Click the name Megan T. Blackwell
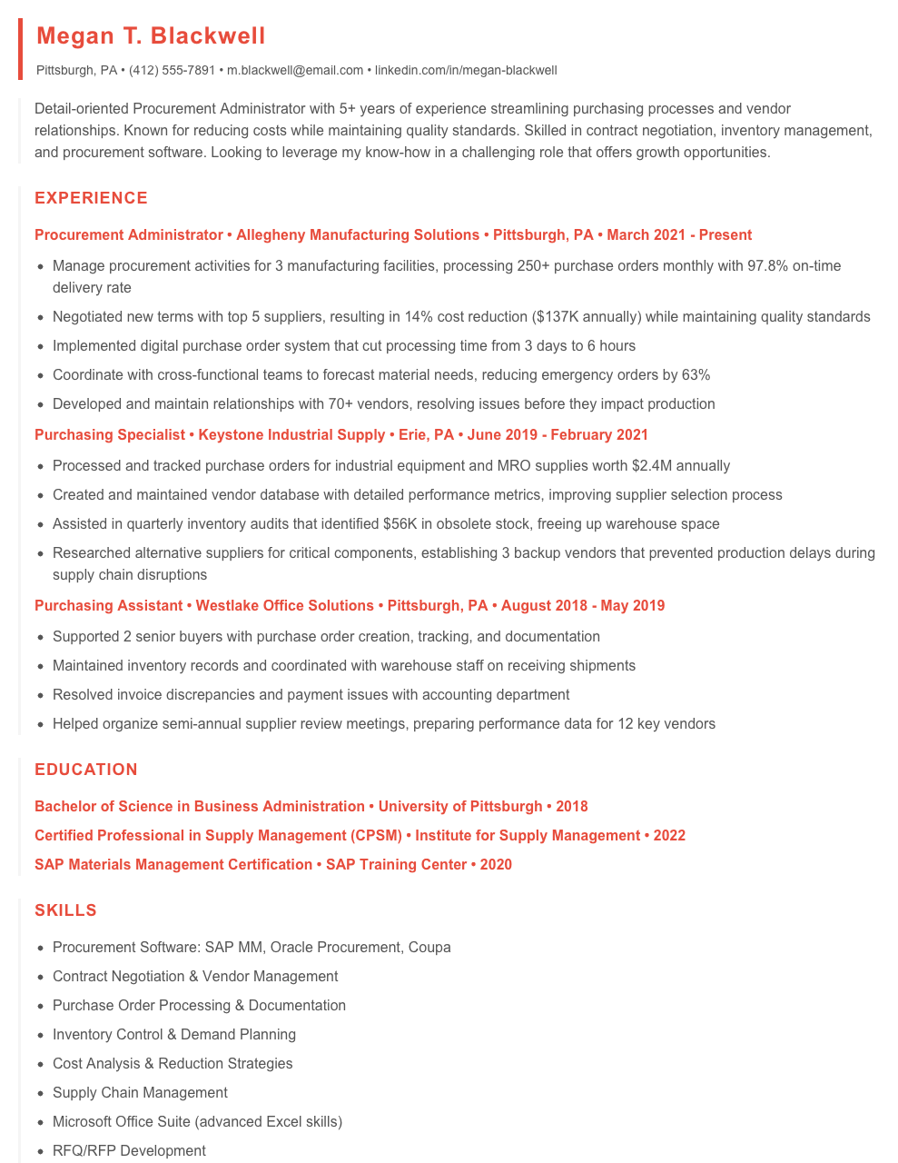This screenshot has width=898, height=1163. click(151, 36)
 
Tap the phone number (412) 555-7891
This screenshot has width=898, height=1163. click(172, 70)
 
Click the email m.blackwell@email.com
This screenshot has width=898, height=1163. click(295, 70)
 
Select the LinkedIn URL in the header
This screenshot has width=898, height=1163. click(466, 70)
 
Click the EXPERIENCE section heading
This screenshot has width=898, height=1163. click(91, 198)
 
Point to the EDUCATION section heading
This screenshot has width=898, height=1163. click(86, 770)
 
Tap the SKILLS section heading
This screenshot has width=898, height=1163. click(65, 910)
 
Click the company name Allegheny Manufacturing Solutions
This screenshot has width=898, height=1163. click(358, 235)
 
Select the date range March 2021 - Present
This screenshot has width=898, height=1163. click(679, 235)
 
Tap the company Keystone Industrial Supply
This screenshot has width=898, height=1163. click(291, 435)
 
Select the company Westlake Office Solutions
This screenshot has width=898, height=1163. click(285, 606)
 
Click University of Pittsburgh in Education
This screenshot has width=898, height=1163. click(460, 807)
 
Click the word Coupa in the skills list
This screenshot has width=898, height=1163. click(429, 948)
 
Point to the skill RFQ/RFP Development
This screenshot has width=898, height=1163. click(129, 1151)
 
